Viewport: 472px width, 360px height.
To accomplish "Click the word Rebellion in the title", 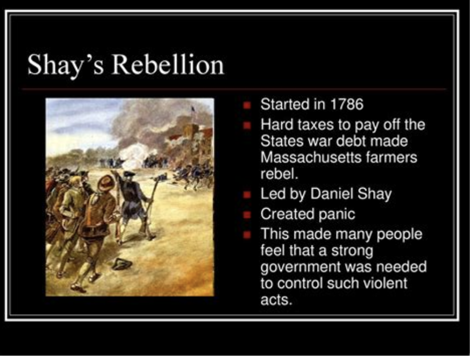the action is (x=168, y=64).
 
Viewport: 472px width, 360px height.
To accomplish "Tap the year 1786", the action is (x=347, y=104).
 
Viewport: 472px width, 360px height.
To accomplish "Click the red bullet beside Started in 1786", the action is (x=247, y=105).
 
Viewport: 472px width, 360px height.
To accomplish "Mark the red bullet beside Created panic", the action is (x=247, y=215).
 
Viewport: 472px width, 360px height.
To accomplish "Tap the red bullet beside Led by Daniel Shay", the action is (x=247, y=195).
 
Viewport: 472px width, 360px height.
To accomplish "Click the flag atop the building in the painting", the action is (x=193, y=109).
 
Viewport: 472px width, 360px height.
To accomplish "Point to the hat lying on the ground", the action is (x=122, y=264).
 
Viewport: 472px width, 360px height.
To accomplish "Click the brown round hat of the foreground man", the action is (x=105, y=183).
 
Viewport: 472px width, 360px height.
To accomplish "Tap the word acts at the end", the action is (x=277, y=300).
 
